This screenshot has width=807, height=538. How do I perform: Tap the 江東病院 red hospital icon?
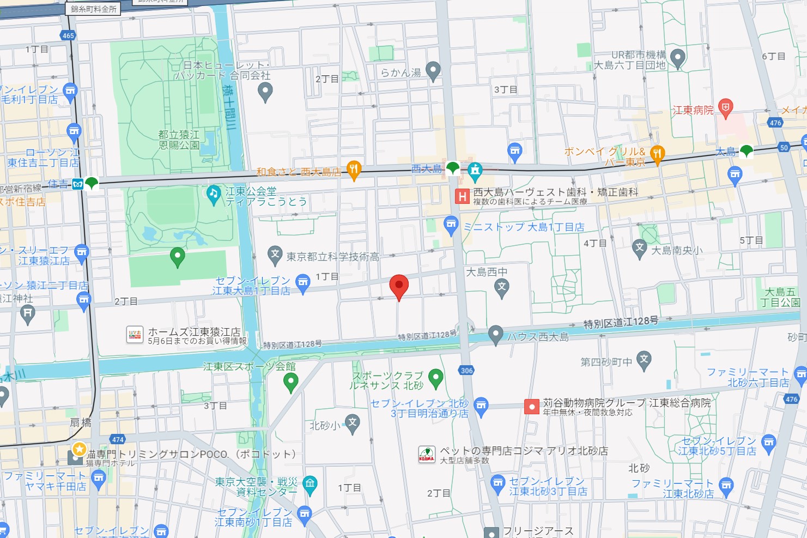coord(725,108)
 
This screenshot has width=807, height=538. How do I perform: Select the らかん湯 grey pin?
coord(433,70)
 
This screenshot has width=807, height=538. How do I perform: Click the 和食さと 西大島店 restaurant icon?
coord(354,170)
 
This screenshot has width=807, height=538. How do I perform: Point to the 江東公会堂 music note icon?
coord(213,193)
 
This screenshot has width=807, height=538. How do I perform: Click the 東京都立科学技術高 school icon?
coord(275,254)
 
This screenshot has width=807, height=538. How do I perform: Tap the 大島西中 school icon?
coord(501,287)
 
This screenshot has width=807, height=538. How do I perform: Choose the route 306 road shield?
coord(466,371)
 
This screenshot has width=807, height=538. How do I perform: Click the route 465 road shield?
coord(68,35)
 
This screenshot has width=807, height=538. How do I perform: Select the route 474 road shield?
coord(118,439)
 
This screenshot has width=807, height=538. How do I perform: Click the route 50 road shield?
coord(784,148)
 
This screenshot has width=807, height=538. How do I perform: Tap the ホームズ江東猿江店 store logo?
coord(135,335)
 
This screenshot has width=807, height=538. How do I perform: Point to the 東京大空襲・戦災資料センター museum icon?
coord(310,484)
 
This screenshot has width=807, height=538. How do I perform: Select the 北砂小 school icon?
coord(353,424)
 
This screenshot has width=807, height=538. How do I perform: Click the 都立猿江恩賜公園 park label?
coord(179,140)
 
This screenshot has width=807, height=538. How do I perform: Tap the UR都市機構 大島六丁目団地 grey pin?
coord(677,57)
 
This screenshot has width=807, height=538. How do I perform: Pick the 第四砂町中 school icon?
coord(644,359)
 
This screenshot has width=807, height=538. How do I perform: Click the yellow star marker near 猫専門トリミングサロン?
coord(80,449)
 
